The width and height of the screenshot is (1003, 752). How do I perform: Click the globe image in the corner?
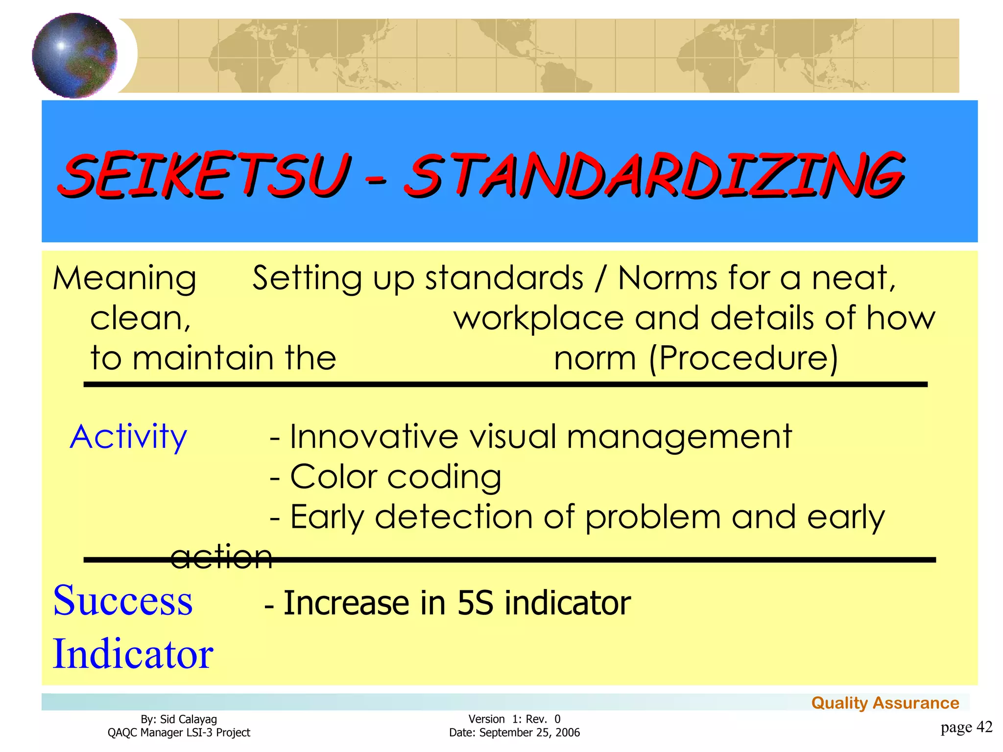point(74,55)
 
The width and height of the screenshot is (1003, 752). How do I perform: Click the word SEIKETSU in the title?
point(205,175)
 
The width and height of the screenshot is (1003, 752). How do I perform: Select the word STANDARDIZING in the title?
point(654,175)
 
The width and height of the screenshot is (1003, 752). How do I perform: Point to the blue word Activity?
point(128,437)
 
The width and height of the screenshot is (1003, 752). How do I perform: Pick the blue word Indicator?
point(133,654)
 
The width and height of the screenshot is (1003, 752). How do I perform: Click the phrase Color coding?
point(396,477)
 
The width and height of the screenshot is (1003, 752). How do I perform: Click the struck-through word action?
point(221,557)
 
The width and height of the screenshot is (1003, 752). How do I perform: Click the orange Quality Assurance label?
point(885,703)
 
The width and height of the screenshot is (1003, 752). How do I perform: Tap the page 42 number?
point(966,727)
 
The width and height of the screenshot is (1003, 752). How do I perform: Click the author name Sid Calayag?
point(189,719)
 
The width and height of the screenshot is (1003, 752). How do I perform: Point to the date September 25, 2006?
point(529,733)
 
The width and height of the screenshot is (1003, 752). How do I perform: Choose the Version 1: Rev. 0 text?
point(514,719)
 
